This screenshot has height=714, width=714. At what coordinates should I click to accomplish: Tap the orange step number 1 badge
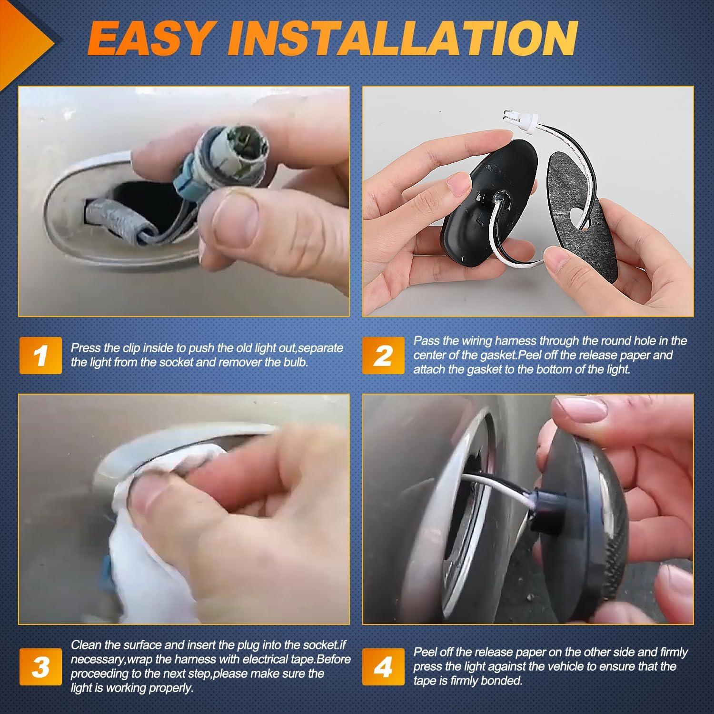coord(41,355)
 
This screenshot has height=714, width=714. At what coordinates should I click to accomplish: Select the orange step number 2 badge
coord(383,355)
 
